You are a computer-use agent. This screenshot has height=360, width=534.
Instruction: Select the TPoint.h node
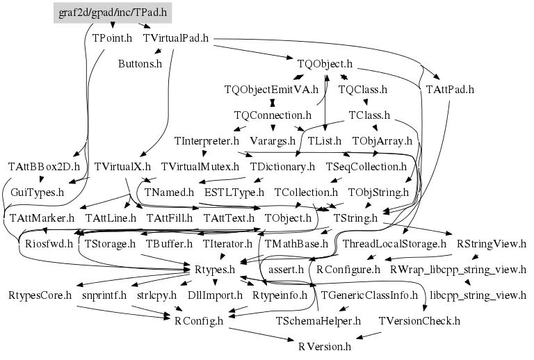tap(112, 38)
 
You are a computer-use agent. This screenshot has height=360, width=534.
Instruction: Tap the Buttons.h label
tap(140, 64)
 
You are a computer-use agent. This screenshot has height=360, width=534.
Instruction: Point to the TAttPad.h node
tap(449, 89)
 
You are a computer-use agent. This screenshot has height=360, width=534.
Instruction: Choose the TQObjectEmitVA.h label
tap(271, 89)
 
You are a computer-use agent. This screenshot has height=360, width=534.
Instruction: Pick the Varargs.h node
tap(272, 140)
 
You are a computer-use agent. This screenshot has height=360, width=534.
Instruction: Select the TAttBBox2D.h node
tap(44, 167)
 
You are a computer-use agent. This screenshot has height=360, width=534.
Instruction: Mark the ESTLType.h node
tap(234, 192)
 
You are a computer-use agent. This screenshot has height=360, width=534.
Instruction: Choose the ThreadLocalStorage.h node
tap(394, 244)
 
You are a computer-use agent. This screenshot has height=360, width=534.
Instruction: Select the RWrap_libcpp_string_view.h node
tap(458, 269)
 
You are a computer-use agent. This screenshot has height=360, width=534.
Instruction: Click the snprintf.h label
tap(104, 295)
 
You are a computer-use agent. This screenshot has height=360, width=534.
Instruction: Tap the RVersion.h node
tap(325, 345)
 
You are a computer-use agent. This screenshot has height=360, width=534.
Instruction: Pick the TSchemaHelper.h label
tap(318, 320)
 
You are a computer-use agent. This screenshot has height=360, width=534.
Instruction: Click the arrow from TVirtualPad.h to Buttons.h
tap(159, 52)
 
